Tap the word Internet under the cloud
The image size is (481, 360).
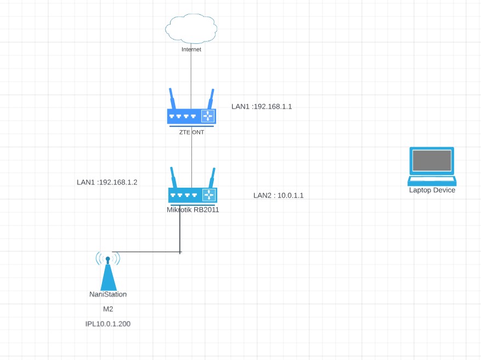tap(191, 49)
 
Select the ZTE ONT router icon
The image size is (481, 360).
tap(191, 115)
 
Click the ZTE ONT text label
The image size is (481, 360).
tap(191, 132)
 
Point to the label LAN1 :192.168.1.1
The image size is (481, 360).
tap(262, 106)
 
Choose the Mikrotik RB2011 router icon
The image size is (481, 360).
tap(192, 194)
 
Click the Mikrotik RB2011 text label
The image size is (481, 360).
tap(193, 209)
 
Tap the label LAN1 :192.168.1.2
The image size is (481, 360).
tap(107, 182)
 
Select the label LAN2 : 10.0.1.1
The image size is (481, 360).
tap(278, 195)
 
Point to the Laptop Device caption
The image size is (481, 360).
tap(432, 190)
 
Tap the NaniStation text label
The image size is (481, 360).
tap(108, 294)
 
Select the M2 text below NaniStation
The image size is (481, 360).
tap(108, 309)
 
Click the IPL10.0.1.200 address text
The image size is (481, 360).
tap(108, 324)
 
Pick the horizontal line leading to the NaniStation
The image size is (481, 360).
tap(145, 252)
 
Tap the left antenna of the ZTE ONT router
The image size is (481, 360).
tap(172, 99)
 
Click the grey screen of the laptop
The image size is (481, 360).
tap(432, 161)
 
